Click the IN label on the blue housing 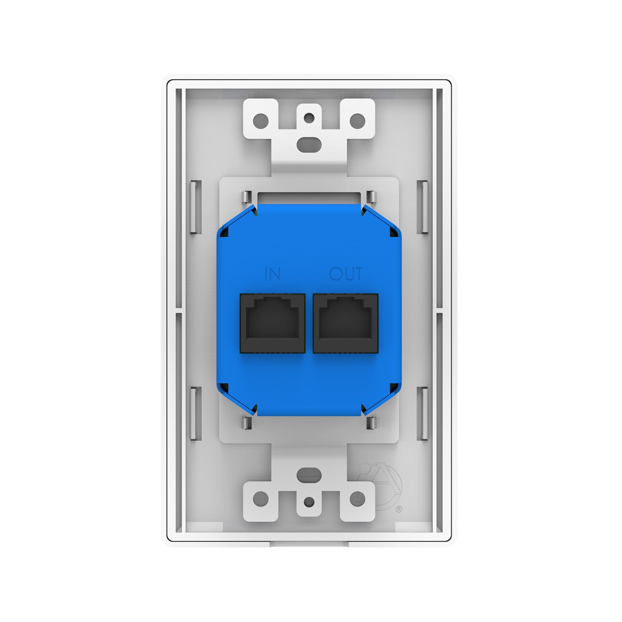point(272,274)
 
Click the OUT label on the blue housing point(346,274)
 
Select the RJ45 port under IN point(272,323)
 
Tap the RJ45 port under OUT point(345,323)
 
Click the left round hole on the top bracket point(261,121)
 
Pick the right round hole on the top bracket point(357,121)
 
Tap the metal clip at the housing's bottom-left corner point(246,423)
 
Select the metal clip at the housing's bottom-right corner point(372,423)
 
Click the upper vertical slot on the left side point(196,206)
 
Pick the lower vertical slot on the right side point(423,413)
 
